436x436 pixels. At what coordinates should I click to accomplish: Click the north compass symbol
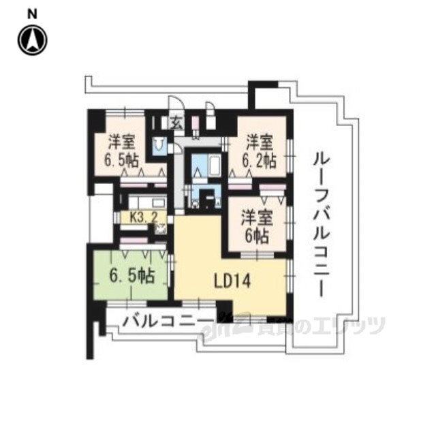(32, 40)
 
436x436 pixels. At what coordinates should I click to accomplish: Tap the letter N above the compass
(32, 13)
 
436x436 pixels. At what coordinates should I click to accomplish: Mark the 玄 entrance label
(176, 124)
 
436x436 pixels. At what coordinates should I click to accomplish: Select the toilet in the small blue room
(160, 145)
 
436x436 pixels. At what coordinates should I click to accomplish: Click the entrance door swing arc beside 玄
(175, 106)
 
